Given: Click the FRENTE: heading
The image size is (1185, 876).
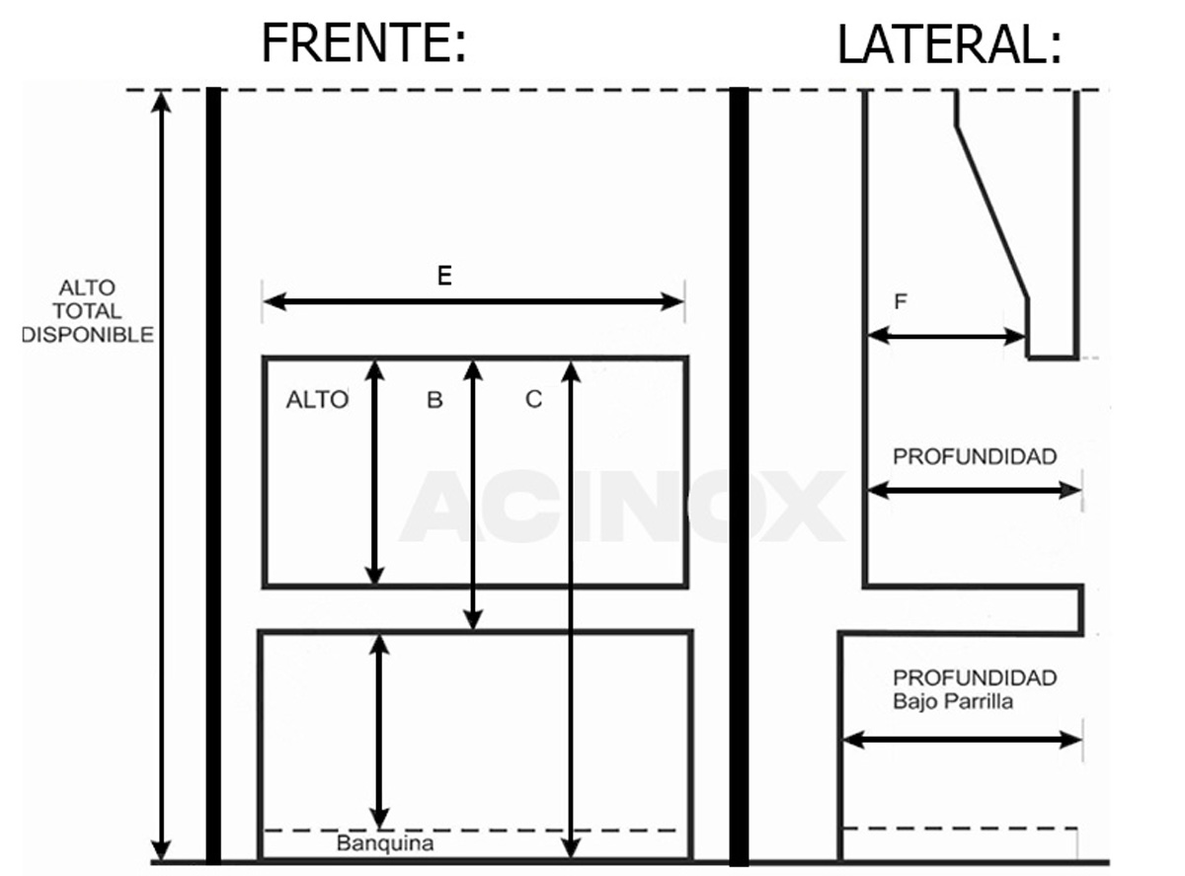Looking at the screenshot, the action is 363,42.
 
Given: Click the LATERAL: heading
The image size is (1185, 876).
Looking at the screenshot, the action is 949,44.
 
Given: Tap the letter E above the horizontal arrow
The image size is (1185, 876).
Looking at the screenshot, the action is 444,276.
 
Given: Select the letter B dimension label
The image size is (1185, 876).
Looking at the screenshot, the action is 434,400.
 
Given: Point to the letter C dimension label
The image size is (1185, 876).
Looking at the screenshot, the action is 533,399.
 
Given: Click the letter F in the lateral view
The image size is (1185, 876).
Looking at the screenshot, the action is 901,301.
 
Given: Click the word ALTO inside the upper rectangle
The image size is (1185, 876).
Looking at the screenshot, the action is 317,400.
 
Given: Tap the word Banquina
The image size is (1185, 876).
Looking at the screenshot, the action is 385,843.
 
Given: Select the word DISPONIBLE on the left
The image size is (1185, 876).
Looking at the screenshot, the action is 88,335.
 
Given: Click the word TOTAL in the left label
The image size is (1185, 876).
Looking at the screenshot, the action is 87,311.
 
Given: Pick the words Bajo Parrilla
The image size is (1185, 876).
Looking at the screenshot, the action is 953,701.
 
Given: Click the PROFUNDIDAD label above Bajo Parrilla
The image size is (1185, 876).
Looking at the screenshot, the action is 975,677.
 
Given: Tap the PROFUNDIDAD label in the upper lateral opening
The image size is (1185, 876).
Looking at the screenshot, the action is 975,456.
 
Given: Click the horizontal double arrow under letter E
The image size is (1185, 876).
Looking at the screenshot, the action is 473,301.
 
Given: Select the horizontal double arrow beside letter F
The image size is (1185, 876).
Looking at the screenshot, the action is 946,336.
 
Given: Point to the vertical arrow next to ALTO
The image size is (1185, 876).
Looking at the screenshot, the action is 374,473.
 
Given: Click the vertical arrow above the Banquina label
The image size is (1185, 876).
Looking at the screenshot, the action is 379,732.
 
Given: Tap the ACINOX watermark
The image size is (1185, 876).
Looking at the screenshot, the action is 621,506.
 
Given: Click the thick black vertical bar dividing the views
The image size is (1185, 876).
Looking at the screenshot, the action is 739,476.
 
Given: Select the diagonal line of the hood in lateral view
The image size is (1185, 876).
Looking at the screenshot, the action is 991,212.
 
